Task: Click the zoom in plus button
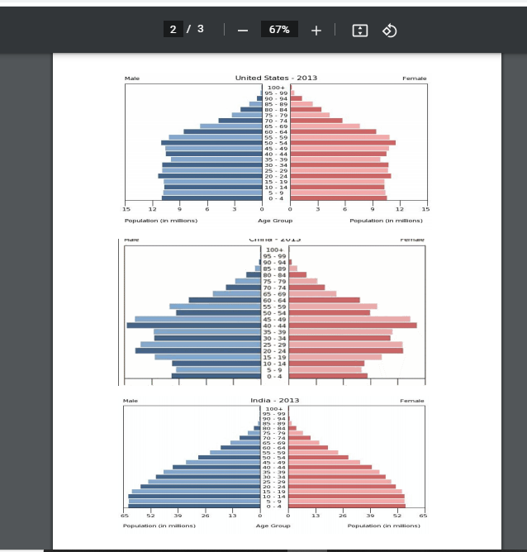316,30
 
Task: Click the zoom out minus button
242,30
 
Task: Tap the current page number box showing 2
173,30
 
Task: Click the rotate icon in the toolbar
390,30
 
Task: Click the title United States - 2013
276,78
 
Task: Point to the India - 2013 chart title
275,400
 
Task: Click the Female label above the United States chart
414,79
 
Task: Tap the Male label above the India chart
131,401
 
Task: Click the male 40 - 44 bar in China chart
195,326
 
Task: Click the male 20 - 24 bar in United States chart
211,176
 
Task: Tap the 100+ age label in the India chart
275,409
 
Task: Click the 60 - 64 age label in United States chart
275,132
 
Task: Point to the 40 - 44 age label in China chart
275,326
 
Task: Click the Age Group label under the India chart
273,526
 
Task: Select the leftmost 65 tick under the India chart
125,516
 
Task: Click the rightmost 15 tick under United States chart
425,210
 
